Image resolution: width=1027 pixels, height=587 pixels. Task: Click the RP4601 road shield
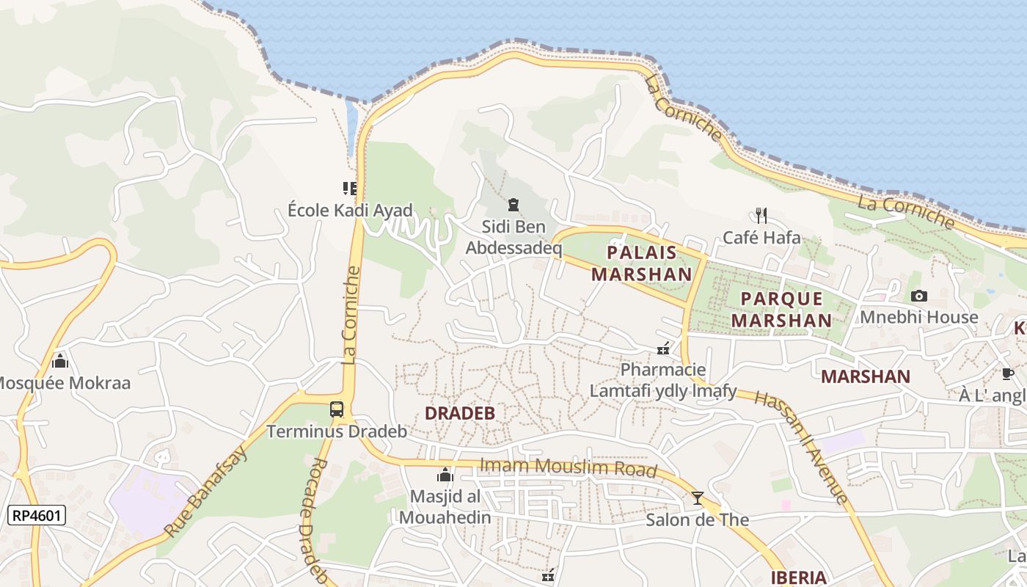(37, 516)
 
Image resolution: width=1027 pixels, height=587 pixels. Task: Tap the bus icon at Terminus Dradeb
(337, 409)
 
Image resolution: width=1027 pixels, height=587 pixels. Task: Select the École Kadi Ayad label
(351, 211)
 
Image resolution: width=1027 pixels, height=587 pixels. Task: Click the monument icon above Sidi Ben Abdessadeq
(513, 205)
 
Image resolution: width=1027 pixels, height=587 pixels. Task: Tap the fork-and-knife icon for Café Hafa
(761, 215)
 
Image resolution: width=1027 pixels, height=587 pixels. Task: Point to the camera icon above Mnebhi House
(918, 296)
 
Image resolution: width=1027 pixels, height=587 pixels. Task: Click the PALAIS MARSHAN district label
(642, 263)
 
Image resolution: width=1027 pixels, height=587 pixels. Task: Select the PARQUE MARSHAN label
(781, 310)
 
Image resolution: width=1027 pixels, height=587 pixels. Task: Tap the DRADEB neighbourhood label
(460, 413)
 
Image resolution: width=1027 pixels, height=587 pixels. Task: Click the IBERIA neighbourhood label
(799, 577)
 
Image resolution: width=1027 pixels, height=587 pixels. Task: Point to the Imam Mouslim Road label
(568, 467)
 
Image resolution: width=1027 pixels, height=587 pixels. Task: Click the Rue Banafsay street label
(206, 490)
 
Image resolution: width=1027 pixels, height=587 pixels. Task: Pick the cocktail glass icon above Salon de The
(697, 498)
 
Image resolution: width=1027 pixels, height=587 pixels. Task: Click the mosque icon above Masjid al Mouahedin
(445, 475)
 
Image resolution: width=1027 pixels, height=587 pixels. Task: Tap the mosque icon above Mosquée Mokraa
(60, 361)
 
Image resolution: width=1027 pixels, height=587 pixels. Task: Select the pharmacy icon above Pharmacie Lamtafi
(663, 349)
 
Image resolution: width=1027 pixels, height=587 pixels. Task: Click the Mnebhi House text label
(919, 317)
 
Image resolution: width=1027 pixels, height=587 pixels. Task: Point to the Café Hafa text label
(761, 237)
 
